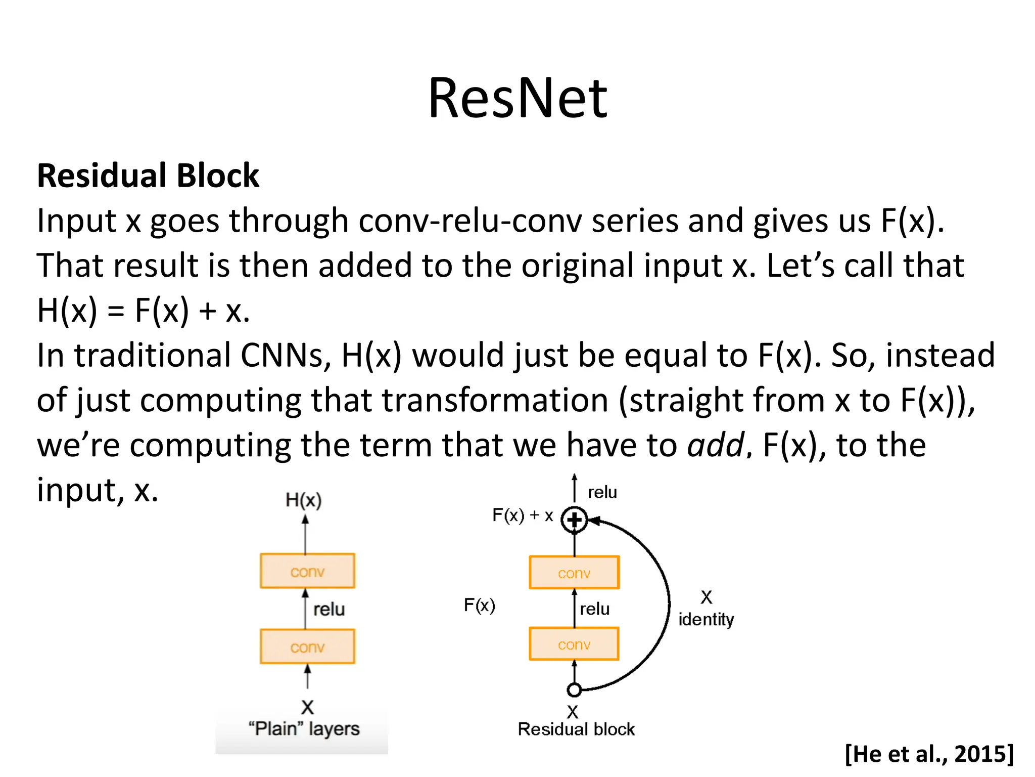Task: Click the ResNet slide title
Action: click(x=517, y=98)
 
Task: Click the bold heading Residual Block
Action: click(x=148, y=176)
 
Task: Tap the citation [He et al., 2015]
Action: click(x=929, y=754)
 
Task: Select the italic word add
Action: click(x=716, y=445)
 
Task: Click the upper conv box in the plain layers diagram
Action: click(x=307, y=571)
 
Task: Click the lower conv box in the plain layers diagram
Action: click(x=307, y=646)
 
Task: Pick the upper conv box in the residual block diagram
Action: click(x=574, y=573)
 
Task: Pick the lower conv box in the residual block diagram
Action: click(x=574, y=644)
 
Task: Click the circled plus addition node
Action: click(x=574, y=520)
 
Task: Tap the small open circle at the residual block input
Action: click(x=574, y=689)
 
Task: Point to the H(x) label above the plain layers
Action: click(x=303, y=500)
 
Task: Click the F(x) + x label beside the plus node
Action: click(x=523, y=515)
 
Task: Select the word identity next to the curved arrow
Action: click(x=706, y=619)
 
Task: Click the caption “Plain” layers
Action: click(x=304, y=729)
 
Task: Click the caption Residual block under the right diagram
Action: click(x=576, y=729)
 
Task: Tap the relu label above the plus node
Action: click(x=602, y=492)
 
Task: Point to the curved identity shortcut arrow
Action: click(x=668, y=605)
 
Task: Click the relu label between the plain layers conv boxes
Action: click(x=329, y=609)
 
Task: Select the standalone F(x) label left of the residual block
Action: click(x=479, y=605)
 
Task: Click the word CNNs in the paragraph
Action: click(x=285, y=355)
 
